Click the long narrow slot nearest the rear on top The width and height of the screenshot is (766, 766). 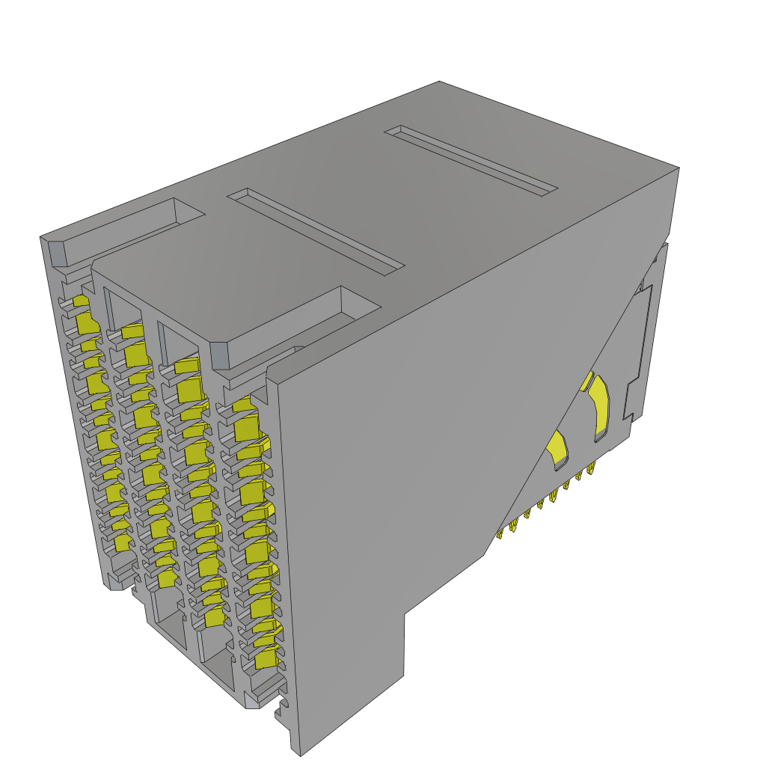click(x=472, y=162)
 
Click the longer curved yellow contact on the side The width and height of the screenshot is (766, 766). click(x=599, y=408)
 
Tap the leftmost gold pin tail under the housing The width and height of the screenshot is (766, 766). click(x=500, y=536)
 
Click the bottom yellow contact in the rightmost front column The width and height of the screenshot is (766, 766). click(x=266, y=659)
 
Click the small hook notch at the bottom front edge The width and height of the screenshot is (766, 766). click(x=281, y=706)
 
